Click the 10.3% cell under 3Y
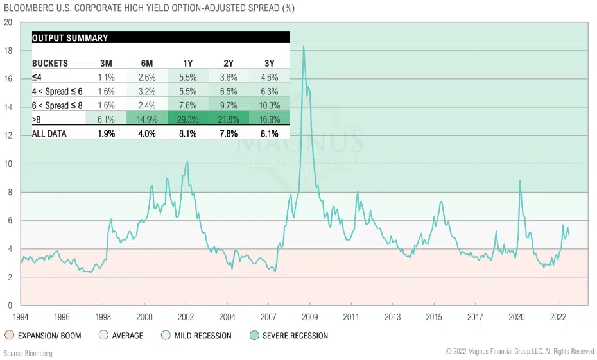click(x=269, y=105)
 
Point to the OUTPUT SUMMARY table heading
click(x=70, y=38)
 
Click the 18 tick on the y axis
click(x=8, y=50)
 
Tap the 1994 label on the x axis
click(x=21, y=317)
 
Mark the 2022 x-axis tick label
click(x=557, y=317)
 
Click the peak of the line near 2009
click(x=304, y=46)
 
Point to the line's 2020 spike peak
click(x=519, y=181)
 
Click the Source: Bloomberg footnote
click(x=28, y=353)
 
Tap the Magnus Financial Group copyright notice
click(x=519, y=352)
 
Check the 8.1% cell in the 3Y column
click(x=269, y=133)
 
